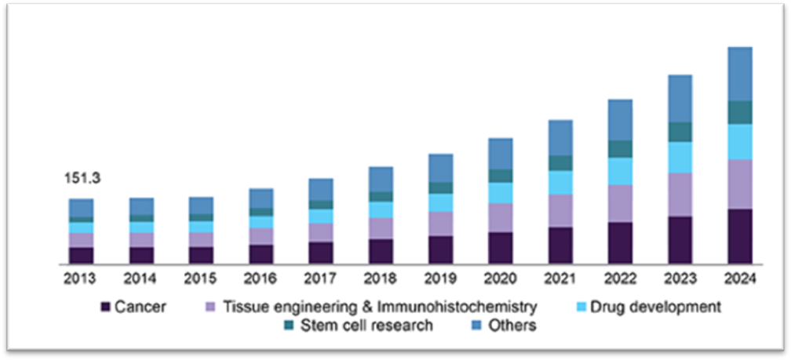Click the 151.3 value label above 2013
[x=81, y=179]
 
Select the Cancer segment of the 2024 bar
[x=740, y=236]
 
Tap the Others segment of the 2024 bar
[x=740, y=74]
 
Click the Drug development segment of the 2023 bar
[x=680, y=158]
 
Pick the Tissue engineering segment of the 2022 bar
[x=620, y=204]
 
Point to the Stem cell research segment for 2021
[x=560, y=163]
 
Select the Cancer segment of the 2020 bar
[x=500, y=248]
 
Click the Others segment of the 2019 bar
[x=440, y=169]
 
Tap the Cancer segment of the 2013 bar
[x=81, y=256]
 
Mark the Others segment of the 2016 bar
[x=261, y=198]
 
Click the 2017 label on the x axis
[x=320, y=279]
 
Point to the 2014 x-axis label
[x=141, y=279]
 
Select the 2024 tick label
[x=740, y=279]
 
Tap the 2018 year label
[x=381, y=279]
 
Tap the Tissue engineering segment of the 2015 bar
[x=201, y=239]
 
